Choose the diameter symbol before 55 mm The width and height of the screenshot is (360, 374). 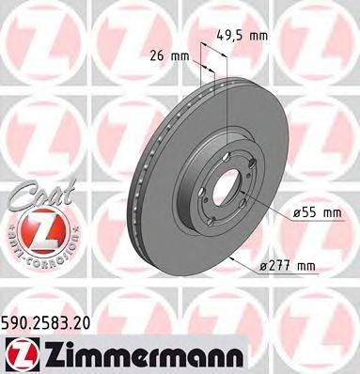[x=295, y=214]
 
